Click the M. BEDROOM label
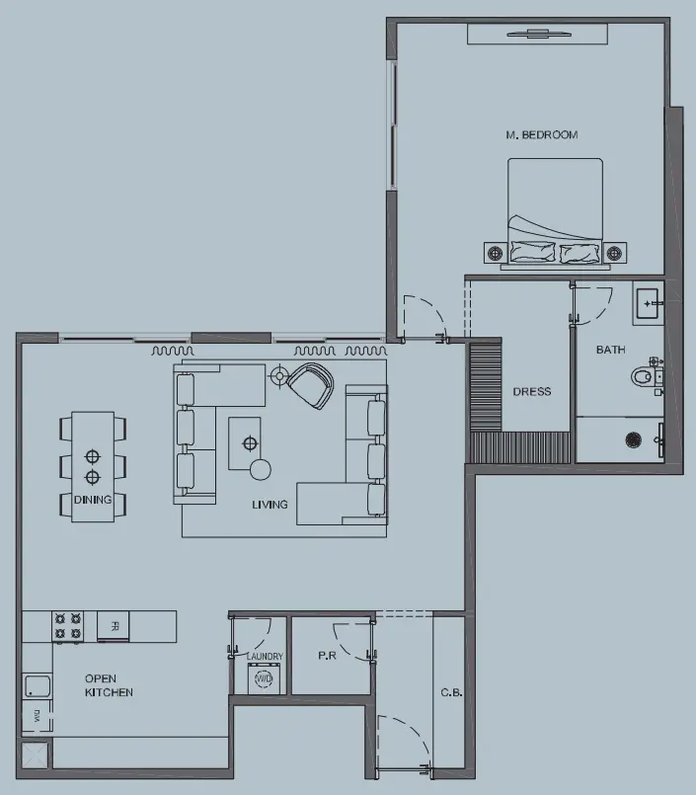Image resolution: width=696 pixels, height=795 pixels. click(x=541, y=134)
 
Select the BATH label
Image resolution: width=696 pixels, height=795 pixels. click(x=610, y=351)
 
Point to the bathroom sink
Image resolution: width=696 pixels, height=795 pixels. click(x=649, y=304)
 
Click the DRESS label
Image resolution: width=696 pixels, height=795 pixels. click(x=531, y=392)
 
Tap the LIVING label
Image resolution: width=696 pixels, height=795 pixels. click(x=270, y=505)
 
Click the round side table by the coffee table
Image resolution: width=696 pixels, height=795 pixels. click(x=261, y=468)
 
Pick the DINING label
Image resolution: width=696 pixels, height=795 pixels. click(x=93, y=500)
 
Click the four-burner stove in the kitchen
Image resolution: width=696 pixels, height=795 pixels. click(x=68, y=626)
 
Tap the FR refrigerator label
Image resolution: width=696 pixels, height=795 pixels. click(x=115, y=626)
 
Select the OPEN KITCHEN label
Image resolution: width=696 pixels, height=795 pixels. click(x=109, y=685)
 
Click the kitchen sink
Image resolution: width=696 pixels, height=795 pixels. click(x=38, y=687)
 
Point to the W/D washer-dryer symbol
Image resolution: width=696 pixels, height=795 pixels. click(x=264, y=679)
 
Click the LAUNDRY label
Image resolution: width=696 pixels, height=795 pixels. click(x=265, y=657)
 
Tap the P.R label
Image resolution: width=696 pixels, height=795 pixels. click(x=328, y=656)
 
